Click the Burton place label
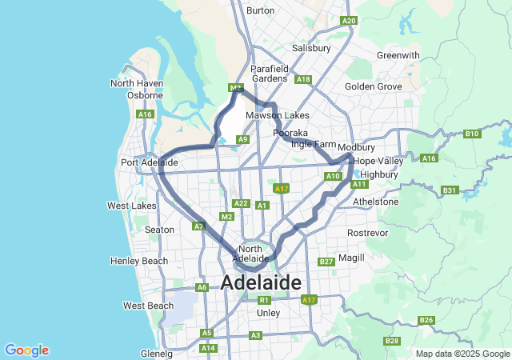tap(261, 10)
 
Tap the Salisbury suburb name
tap(311, 48)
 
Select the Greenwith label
tap(398, 55)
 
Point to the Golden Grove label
tap(374, 86)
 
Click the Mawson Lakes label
tap(277, 115)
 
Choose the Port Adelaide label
tap(149, 162)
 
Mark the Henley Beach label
tap(139, 261)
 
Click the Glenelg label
tap(156, 353)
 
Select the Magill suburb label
tap(351, 258)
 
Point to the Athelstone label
tap(375, 202)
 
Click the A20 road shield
tap(348, 21)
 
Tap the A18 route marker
tap(302, 79)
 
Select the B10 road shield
tap(472, 134)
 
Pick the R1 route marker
tap(264, 300)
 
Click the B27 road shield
tap(326, 262)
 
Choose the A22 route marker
tap(241, 203)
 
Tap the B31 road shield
tap(450, 190)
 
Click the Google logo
tap(26, 350)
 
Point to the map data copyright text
tap(462, 354)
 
